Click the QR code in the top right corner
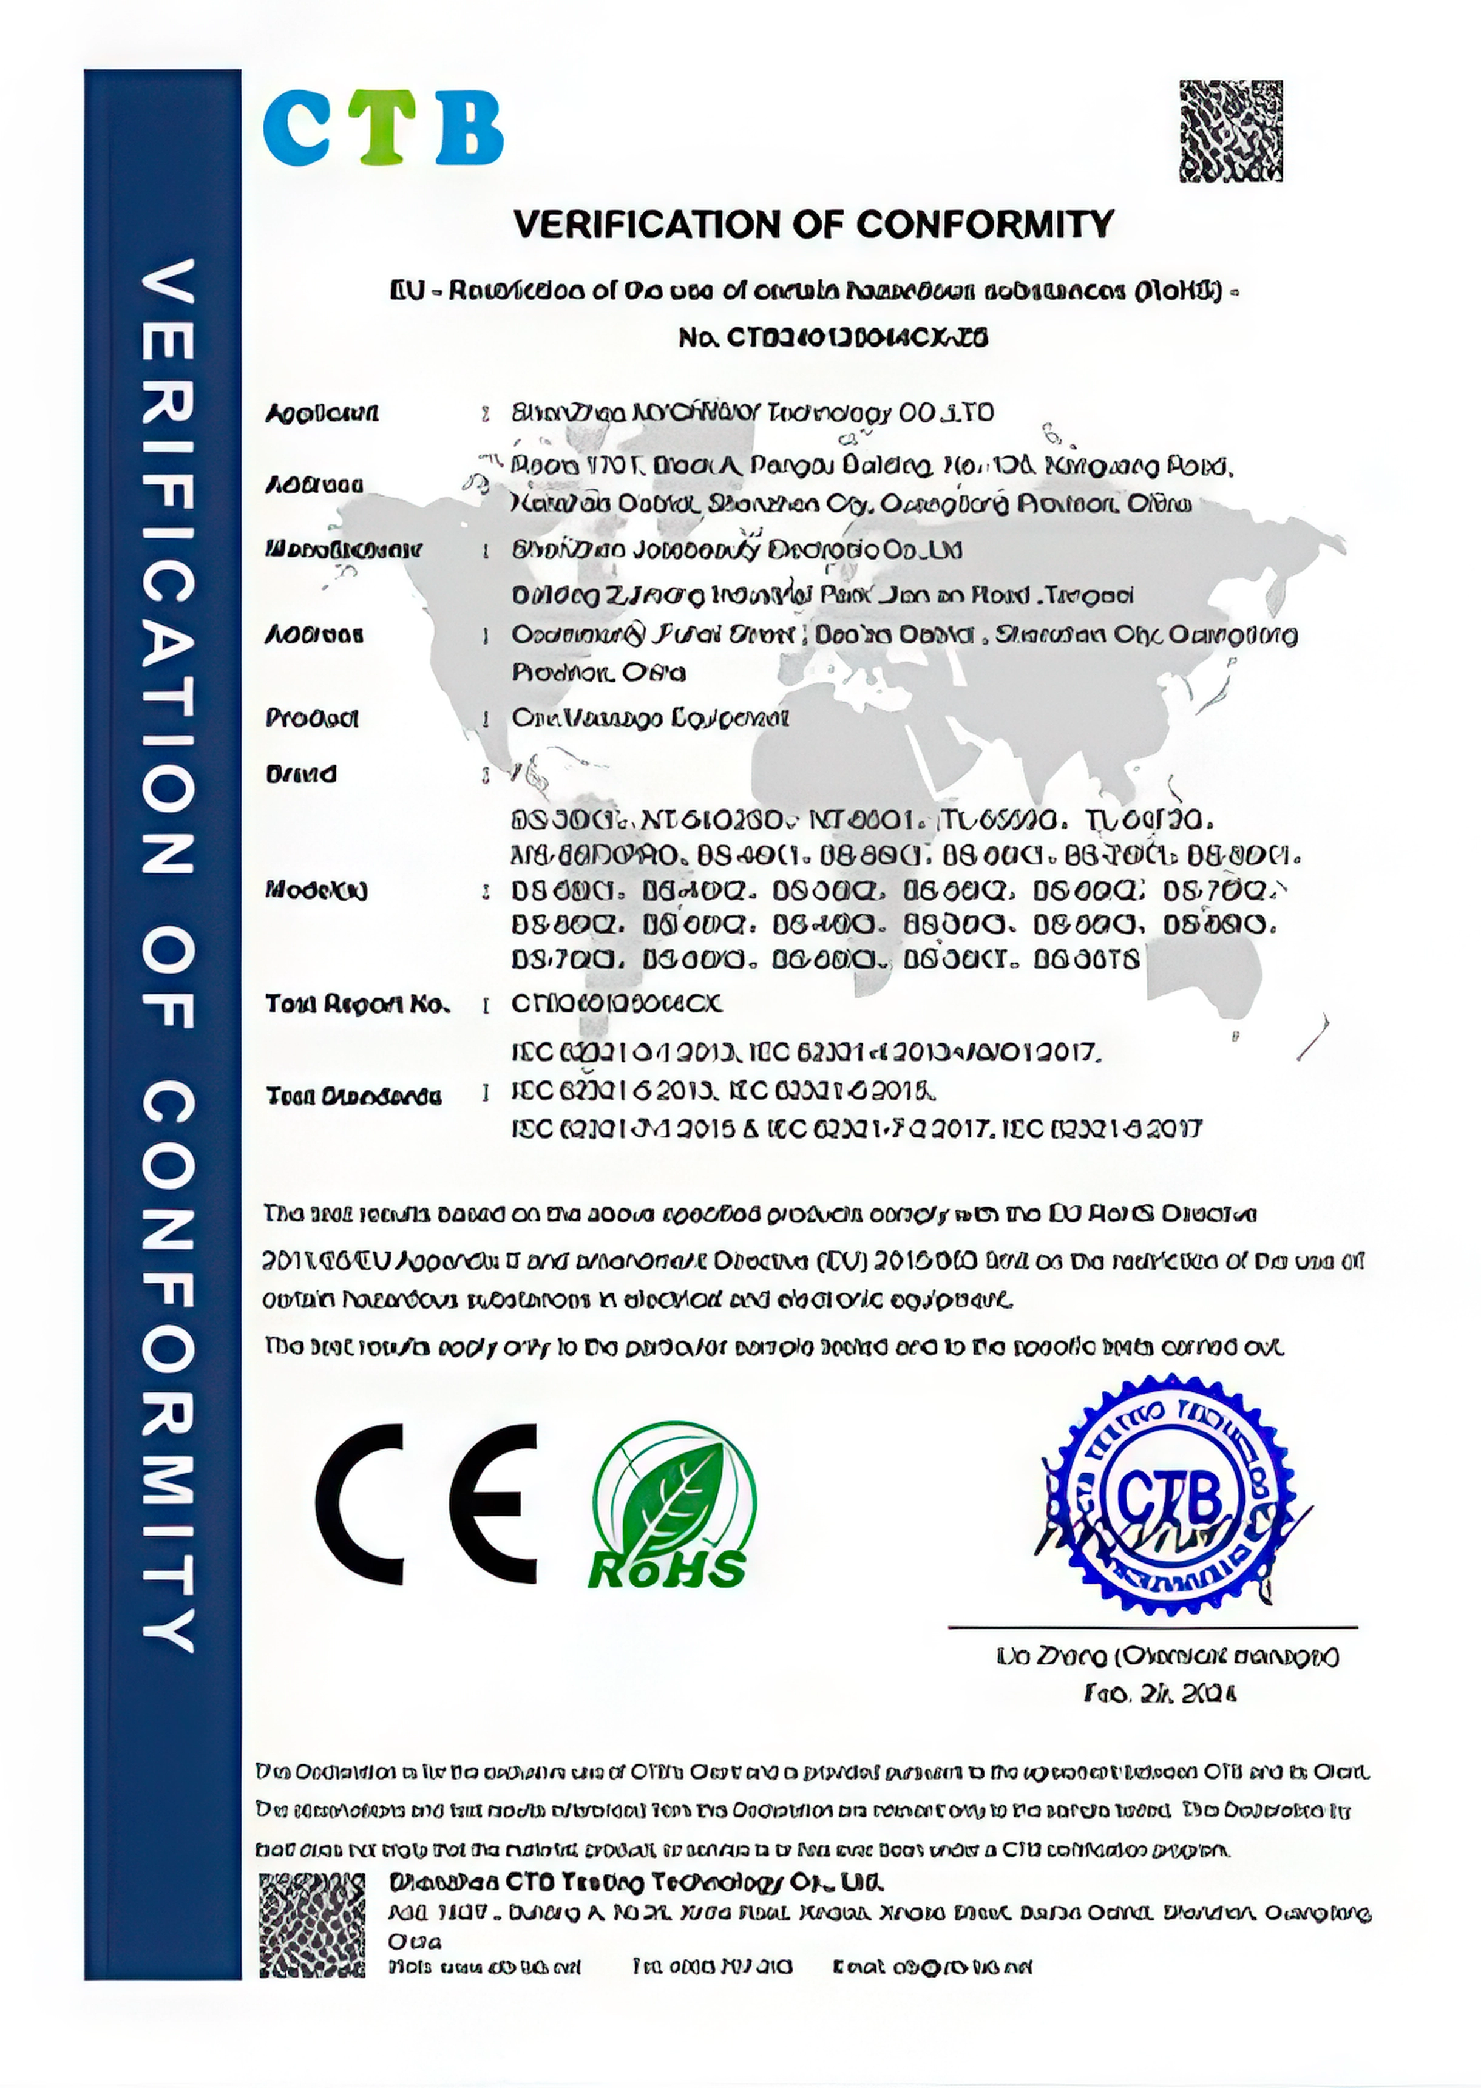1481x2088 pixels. point(1230,130)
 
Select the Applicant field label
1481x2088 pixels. point(321,414)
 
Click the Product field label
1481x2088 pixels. point(312,719)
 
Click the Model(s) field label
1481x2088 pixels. point(316,890)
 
